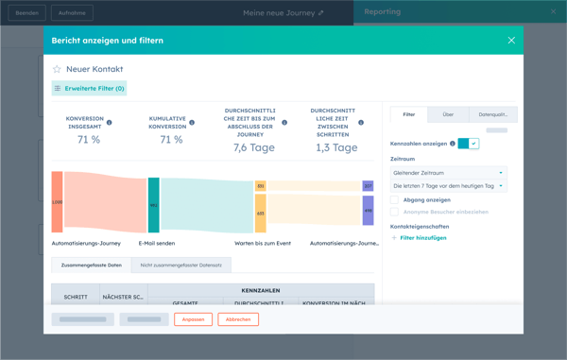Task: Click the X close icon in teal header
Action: [x=511, y=41]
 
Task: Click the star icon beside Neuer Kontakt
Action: [x=57, y=69]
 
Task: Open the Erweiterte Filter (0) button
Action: [x=89, y=88]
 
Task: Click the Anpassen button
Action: [x=193, y=319]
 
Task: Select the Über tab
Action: [x=448, y=114]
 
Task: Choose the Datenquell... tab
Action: [x=492, y=114]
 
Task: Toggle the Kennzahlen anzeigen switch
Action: [x=469, y=144]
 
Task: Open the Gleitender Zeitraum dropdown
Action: [x=448, y=173]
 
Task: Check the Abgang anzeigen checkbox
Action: [x=395, y=200]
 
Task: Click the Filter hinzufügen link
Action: [x=421, y=238]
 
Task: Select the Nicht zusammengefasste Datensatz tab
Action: [x=180, y=266]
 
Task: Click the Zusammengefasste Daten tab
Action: [x=91, y=266]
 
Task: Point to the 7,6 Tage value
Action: [x=253, y=147]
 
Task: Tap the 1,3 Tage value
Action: [x=336, y=147]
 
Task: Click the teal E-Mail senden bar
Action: [x=153, y=204]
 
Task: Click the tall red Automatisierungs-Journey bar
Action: [x=58, y=202]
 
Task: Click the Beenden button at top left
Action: [x=26, y=13]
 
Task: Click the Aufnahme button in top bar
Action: [x=72, y=13]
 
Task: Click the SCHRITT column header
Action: [x=76, y=297]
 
